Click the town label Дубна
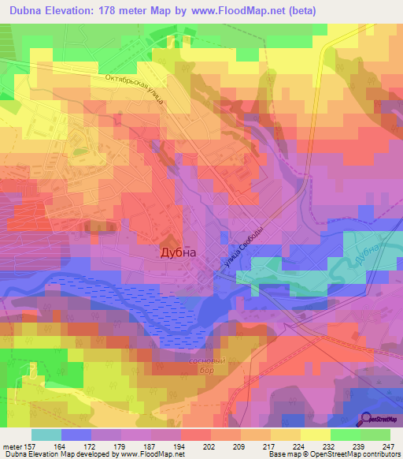[178, 254]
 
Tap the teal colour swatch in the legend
[46, 435]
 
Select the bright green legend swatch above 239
[346, 435]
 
